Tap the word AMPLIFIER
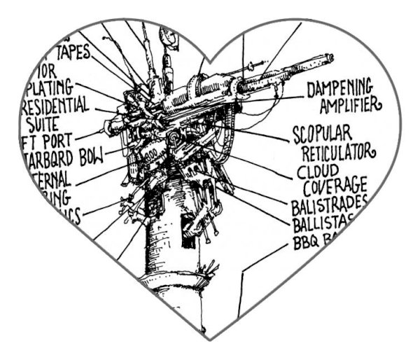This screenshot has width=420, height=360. coord(351,106)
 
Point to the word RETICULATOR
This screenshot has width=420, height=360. coord(339,152)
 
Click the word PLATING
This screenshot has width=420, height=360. coord(52,89)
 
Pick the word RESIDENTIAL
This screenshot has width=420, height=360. coord(56,106)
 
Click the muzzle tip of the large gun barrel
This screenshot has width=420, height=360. coord(330,55)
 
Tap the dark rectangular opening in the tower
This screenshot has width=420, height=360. coord(188,225)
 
